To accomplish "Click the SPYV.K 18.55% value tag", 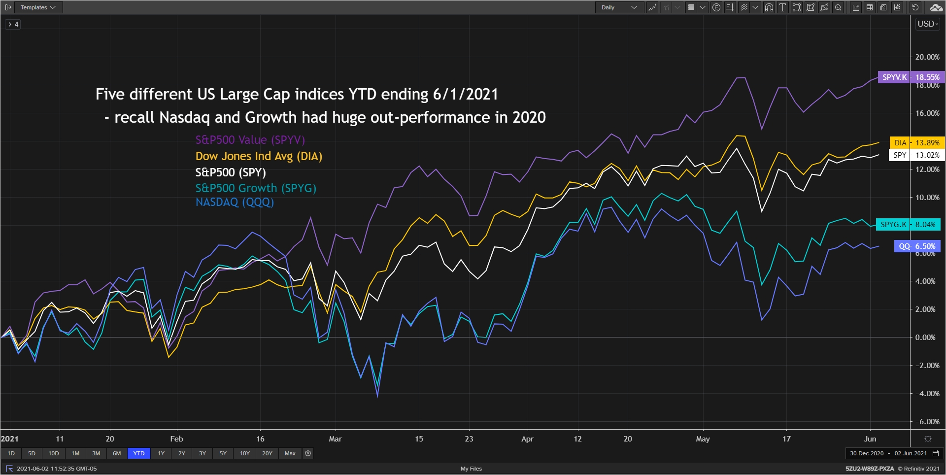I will coord(911,77).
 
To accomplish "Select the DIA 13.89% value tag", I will coord(917,142).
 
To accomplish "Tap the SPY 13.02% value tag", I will coord(917,155).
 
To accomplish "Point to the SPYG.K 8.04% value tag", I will coord(908,224).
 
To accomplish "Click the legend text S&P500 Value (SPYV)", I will coord(250,140).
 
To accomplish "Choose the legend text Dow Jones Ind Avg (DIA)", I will coord(259,156).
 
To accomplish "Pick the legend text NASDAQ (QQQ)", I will coord(235,202).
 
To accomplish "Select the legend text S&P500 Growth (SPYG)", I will coord(256,188).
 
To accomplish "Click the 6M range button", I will coord(117,453).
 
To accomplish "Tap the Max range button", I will coord(290,453).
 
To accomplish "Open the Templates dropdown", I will coord(38,7).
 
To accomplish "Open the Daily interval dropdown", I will coord(619,7).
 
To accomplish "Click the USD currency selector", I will coord(928,24).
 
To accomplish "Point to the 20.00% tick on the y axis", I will coord(927,57).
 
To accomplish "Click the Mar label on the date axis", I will coord(335,439).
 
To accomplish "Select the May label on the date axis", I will coord(703,439).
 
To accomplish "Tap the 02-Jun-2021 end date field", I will coord(911,453).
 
